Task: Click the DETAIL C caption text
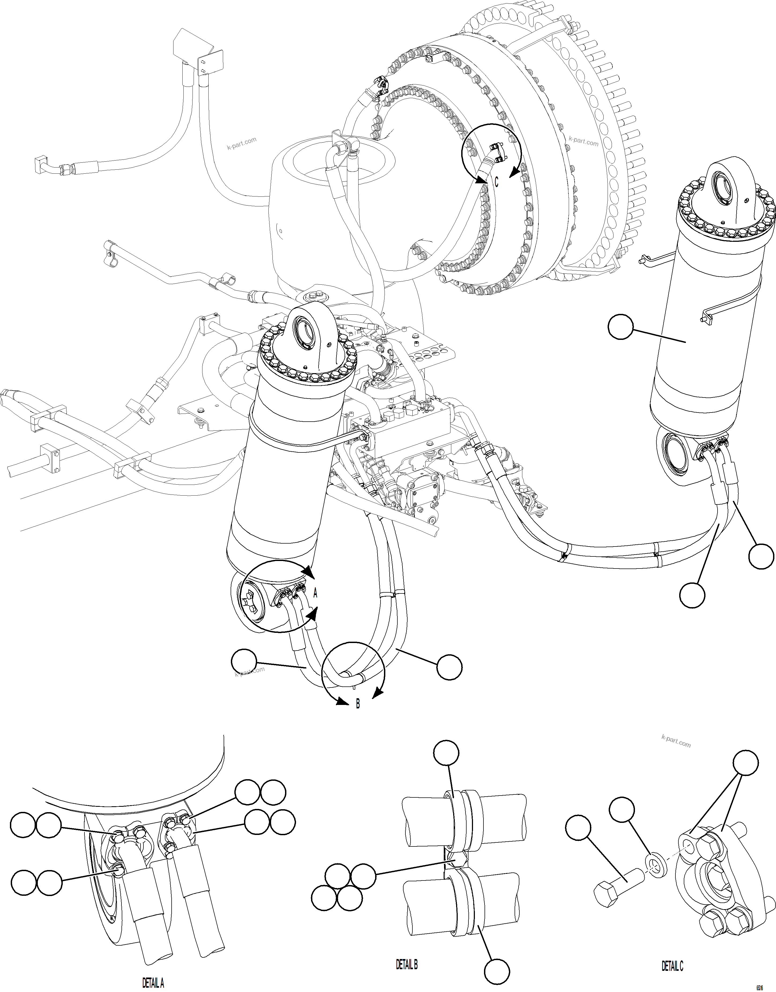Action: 672,967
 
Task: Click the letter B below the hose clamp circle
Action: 357,704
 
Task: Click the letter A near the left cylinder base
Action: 315,593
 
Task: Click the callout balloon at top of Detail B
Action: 446,753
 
